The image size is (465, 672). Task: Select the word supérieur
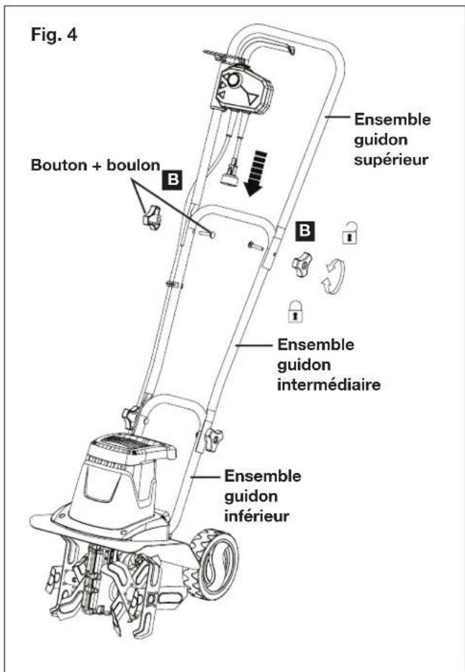392,156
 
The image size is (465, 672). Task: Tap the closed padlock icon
294,310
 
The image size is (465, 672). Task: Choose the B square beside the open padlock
306,232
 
